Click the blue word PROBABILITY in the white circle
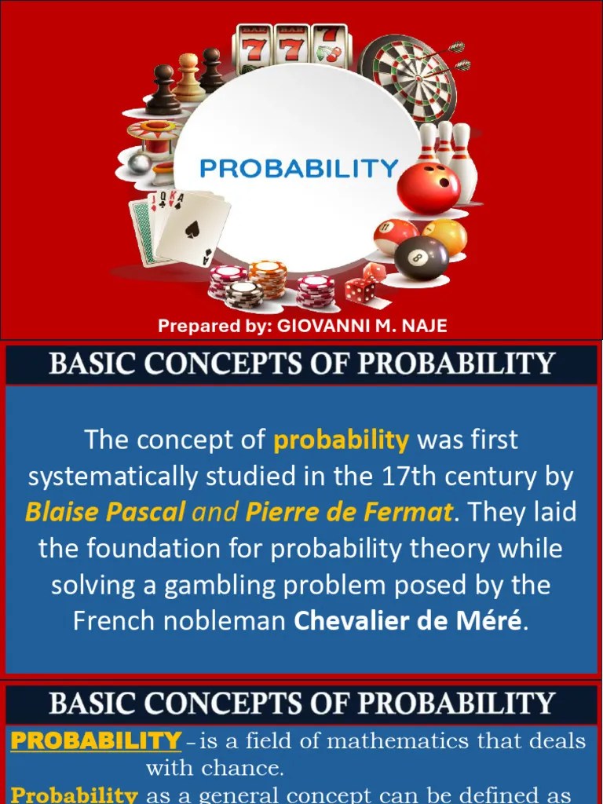tap(298, 167)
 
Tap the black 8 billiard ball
tap(422, 258)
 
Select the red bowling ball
tap(428, 187)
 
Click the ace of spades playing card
tap(192, 227)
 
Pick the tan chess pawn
tap(188, 79)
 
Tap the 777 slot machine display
tap(291, 49)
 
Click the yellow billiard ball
tap(447, 234)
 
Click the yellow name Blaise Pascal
tap(105, 513)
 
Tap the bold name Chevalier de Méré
tap(407, 621)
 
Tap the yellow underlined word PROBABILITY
tap(96, 740)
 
